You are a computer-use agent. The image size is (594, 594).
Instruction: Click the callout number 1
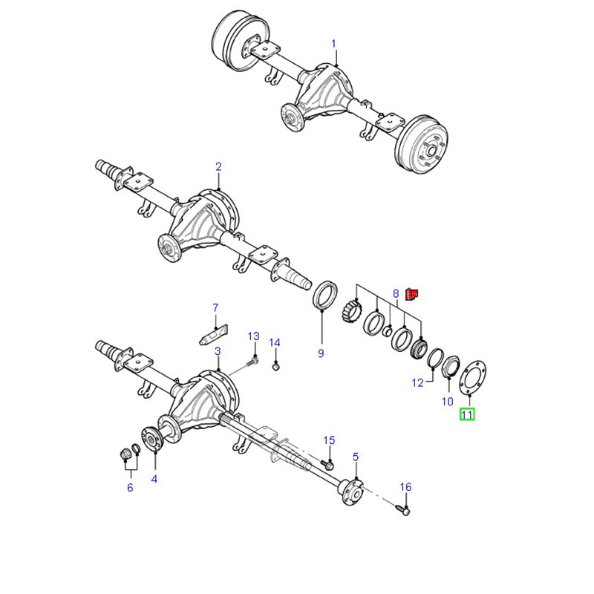[x=333, y=44]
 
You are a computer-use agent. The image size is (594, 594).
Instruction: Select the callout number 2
[x=218, y=166]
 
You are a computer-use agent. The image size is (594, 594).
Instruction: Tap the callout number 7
[x=215, y=307]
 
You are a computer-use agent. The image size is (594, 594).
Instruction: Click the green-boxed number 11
[x=467, y=414]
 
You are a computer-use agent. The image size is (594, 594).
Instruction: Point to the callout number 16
[x=405, y=487]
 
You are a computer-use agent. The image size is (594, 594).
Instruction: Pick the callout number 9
[x=321, y=353]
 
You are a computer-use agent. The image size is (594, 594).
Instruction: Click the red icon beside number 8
[x=411, y=294]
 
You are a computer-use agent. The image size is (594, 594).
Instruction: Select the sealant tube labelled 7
[x=213, y=335]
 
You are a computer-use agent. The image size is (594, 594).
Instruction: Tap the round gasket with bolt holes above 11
[x=473, y=378]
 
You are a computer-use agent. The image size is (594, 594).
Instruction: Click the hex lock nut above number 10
[x=451, y=366]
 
